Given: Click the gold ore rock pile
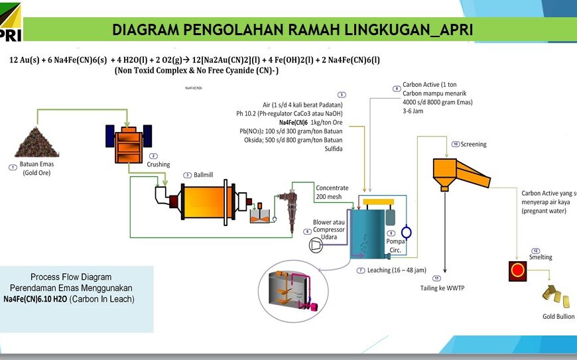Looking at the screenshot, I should (36, 141).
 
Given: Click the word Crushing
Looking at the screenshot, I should (159, 164).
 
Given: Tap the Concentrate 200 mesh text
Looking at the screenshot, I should (332, 192).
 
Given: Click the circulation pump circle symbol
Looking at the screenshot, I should (407, 232).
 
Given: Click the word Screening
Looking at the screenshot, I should (473, 144).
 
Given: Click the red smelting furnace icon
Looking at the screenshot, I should (518, 270).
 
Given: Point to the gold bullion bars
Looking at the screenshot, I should (555, 296).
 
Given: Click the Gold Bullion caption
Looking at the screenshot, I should (558, 316).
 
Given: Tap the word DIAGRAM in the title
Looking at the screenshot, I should (145, 30).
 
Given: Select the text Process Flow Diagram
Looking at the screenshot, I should (71, 276).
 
